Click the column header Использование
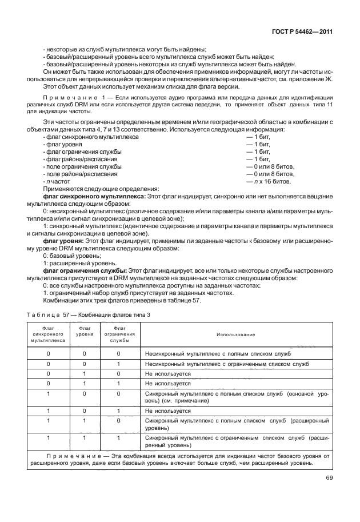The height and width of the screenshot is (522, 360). click(235, 334)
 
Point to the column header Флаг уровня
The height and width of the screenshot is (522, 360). click(85, 331)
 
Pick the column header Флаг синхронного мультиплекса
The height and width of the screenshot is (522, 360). click(48, 334)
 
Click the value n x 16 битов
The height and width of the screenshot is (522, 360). click(268, 182)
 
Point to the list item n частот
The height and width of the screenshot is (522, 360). click(57, 182)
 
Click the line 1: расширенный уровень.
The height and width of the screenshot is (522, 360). click(74, 264)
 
